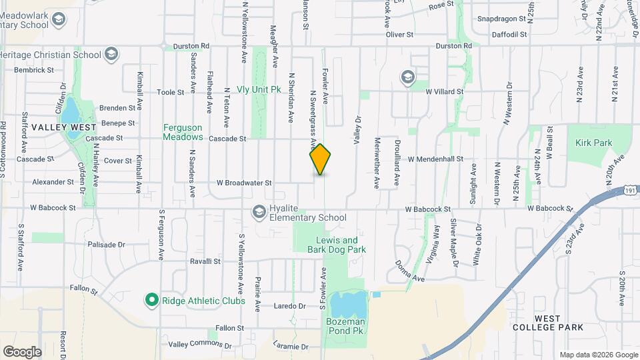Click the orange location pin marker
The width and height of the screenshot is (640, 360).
(320, 159)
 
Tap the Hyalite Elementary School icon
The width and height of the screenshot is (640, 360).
(258, 212)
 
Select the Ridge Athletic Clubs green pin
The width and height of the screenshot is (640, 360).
(151, 301)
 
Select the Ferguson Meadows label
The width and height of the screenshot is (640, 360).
(183, 132)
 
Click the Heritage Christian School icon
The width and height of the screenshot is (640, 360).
(111, 54)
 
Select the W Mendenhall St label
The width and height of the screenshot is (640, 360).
(435, 159)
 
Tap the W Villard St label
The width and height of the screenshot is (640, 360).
(445, 91)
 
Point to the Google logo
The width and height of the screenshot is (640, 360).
(22, 351)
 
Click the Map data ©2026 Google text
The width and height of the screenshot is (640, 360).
(598, 355)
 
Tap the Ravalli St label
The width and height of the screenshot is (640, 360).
(205, 261)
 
